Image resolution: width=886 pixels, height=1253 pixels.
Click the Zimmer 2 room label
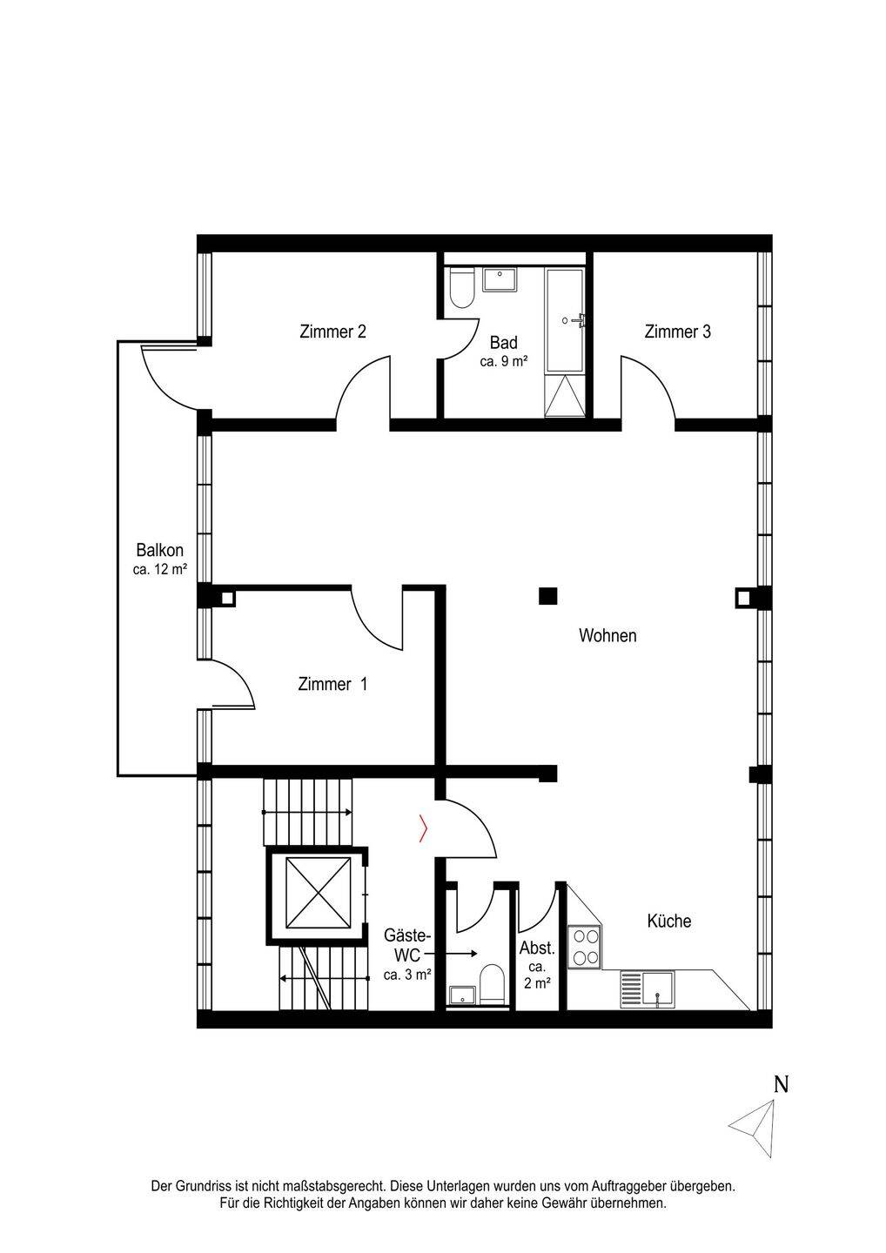pyautogui.click(x=332, y=332)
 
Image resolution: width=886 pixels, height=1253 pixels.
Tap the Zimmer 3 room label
pyautogui.click(x=677, y=332)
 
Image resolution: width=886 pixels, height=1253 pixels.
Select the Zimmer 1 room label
pyautogui.click(x=332, y=684)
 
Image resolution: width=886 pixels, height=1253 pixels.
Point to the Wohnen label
pyautogui.click(x=607, y=635)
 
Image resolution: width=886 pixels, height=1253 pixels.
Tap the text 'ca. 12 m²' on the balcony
pyautogui.click(x=160, y=570)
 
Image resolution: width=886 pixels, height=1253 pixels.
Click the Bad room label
pyautogui.click(x=503, y=342)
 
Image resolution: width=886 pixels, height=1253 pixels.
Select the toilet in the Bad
pyautogui.click(x=462, y=288)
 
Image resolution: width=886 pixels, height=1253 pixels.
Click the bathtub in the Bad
pyautogui.click(x=566, y=320)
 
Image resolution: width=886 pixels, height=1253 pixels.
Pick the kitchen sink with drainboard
pyautogui.click(x=648, y=989)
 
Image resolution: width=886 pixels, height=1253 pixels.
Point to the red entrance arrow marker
pyautogui.click(x=424, y=828)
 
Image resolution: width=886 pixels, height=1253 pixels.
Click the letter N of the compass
pyautogui.click(x=781, y=1084)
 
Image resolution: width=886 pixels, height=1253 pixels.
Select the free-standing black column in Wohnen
pyautogui.click(x=548, y=596)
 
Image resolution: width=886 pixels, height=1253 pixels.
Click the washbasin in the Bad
pyautogui.click(x=500, y=279)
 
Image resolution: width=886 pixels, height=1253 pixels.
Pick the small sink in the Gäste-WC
pyautogui.click(x=463, y=995)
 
